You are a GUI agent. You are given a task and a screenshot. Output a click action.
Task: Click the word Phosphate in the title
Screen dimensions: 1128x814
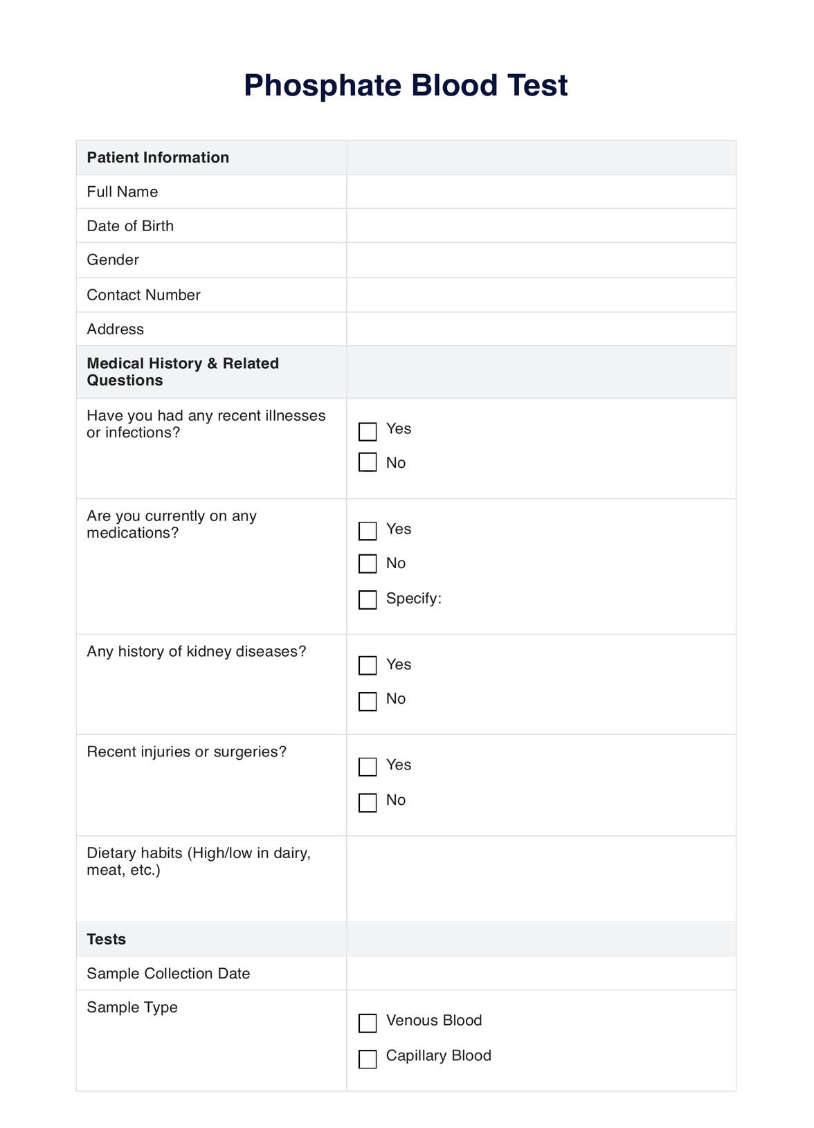point(323,86)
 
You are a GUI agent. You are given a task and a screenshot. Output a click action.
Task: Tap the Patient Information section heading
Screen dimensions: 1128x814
point(158,158)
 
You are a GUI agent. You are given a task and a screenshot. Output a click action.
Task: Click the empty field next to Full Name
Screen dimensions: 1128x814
point(541,192)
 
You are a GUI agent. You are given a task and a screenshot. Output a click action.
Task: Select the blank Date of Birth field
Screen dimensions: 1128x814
point(541,226)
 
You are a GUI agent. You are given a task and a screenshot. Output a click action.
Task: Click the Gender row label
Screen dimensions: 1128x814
point(113,260)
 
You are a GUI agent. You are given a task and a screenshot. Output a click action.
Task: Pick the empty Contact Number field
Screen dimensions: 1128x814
point(541,295)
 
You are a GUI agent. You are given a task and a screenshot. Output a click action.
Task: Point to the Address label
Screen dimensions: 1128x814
point(115,329)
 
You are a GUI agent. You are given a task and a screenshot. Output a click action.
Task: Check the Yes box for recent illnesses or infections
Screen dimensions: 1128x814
point(368,432)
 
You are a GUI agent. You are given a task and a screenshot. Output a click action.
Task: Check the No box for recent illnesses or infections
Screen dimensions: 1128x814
point(368,462)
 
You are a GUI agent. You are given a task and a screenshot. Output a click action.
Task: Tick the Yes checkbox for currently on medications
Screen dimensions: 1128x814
point(368,531)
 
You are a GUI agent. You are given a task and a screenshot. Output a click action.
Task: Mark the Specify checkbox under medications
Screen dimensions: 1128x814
point(368,599)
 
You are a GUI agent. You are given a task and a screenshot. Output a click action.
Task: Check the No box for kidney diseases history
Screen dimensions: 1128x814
point(368,701)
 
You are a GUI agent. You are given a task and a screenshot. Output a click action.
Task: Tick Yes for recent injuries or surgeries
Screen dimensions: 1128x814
point(368,766)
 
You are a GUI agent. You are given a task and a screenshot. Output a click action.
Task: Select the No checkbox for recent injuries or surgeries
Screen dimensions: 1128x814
point(368,802)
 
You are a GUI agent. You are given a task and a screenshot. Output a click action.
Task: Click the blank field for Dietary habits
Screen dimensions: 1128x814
point(541,878)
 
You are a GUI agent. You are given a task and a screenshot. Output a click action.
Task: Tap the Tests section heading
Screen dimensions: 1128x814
point(107,939)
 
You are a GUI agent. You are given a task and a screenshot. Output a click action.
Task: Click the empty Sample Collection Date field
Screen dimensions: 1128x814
point(541,973)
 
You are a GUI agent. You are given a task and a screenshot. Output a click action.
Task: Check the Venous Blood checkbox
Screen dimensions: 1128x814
point(368,1023)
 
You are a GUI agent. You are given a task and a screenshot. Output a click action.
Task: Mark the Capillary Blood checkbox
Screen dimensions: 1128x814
point(368,1059)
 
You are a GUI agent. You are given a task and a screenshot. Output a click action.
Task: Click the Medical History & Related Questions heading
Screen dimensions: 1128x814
point(183,372)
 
